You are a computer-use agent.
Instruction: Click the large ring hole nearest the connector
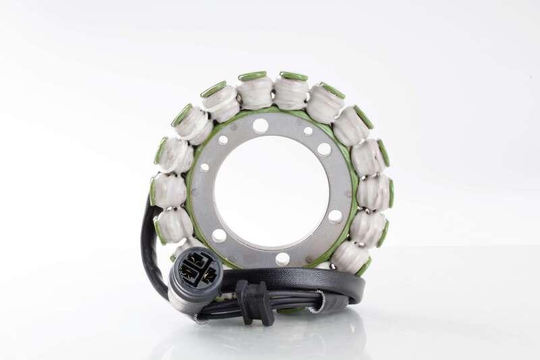219,236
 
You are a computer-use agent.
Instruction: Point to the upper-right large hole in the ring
324,149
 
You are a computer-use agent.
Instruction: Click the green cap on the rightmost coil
391,193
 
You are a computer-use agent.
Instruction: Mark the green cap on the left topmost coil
252,76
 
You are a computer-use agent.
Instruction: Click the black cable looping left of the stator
149,243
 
